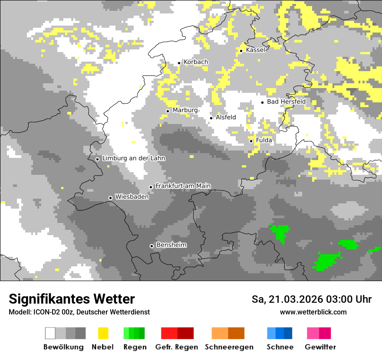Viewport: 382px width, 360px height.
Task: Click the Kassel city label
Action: [255, 50]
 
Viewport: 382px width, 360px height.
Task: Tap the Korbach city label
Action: [196, 62]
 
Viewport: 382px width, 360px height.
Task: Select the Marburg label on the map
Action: [185, 110]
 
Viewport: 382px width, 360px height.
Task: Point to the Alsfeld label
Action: [226, 117]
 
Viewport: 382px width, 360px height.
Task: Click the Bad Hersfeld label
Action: [286, 101]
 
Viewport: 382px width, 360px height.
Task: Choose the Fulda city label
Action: [264, 140]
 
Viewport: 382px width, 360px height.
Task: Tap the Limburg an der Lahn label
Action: [133, 158]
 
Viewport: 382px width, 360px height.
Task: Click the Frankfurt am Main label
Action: [183, 186]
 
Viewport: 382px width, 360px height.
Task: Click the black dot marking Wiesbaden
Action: [111, 198]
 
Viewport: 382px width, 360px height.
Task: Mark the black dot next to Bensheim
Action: [151, 246]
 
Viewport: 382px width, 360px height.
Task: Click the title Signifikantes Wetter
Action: [72, 299]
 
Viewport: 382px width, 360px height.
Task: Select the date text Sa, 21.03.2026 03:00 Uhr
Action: [311, 299]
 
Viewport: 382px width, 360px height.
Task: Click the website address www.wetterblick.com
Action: [313, 312]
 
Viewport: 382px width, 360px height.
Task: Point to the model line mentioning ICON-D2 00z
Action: [79, 312]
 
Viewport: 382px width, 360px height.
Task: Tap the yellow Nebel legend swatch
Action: [103, 333]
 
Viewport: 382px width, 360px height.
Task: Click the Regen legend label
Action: [135, 347]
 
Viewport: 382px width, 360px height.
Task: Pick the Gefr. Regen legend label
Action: [177, 347]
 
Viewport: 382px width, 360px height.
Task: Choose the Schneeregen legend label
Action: [229, 347]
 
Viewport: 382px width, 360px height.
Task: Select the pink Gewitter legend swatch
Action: [319, 333]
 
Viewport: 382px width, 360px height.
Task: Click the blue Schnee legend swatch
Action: [279, 333]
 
